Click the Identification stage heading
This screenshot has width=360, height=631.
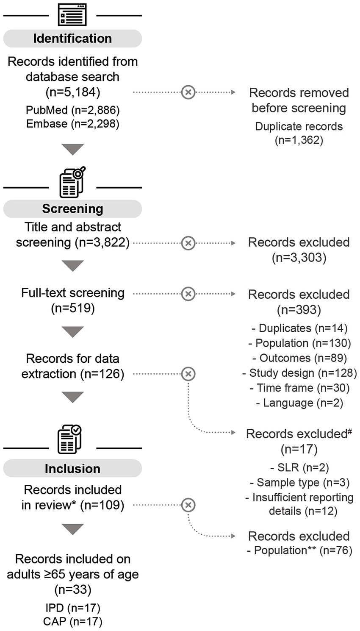(72, 39)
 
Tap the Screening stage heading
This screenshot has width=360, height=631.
(72, 209)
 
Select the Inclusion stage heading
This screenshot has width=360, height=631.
(72, 469)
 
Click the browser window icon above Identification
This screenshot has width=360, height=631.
(72, 16)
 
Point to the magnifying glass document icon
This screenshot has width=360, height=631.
(72, 183)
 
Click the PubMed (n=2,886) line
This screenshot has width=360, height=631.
(72, 110)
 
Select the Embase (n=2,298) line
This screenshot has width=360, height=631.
(72, 124)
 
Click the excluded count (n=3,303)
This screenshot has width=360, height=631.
(299, 258)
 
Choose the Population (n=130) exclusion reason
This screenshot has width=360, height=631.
(299, 343)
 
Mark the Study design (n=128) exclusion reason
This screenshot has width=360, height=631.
(299, 373)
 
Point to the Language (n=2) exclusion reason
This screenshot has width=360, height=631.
(299, 403)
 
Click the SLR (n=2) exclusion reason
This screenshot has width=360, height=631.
(299, 467)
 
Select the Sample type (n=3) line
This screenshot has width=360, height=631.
(299, 482)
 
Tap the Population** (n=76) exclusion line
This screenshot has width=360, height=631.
(299, 550)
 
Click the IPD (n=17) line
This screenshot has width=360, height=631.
(72, 608)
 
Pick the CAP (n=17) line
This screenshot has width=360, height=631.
(72, 622)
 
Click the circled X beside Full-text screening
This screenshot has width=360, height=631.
(188, 294)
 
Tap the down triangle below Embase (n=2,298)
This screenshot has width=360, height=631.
(73, 149)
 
